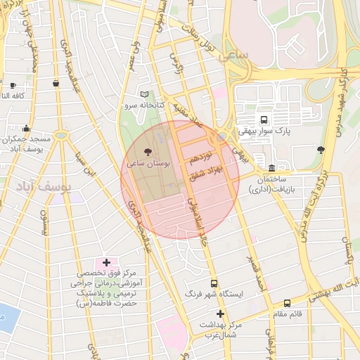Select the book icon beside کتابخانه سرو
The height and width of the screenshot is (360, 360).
click(145, 94)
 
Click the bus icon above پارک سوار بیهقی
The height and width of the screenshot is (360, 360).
click(264, 120)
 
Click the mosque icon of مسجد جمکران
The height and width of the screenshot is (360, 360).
click(27, 128)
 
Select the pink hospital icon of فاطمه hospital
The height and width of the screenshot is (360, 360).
click(108, 262)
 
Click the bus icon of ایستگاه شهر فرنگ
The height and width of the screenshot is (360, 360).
click(214, 283)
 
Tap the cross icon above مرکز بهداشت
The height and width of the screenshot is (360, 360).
click(220, 314)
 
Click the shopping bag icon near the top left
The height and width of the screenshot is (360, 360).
click(56, 83)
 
